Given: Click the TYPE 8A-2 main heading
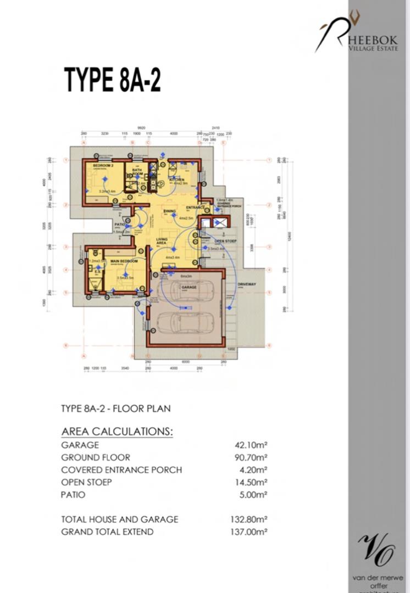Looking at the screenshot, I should click(113, 80).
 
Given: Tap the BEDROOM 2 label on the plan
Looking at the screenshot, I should click(103, 165).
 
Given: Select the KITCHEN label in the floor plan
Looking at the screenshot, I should click(176, 180).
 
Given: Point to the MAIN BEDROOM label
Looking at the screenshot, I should click(124, 261).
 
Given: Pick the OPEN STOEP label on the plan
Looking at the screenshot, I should click(225, 241).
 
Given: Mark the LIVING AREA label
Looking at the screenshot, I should click(162, 242).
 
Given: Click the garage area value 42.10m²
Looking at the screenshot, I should click(251, 445).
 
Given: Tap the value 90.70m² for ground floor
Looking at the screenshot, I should click(251, 457).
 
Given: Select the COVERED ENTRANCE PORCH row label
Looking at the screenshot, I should click(121, 470).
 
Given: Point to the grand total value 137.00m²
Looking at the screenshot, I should click(249, 532).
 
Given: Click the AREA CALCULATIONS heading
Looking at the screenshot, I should click(117, 431).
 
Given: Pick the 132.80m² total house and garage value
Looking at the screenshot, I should click(249, 519).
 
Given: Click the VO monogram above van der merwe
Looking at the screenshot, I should click(377, 550).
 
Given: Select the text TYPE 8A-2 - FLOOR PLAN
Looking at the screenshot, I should click(115, 409).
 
